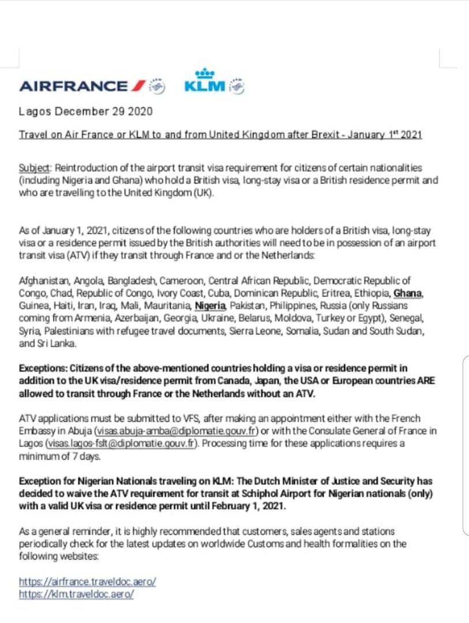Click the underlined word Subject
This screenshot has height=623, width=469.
[35, 168]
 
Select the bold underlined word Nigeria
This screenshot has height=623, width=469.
[211, 305]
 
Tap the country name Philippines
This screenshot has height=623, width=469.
[301, 305]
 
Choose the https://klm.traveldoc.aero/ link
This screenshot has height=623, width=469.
[76, 594]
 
